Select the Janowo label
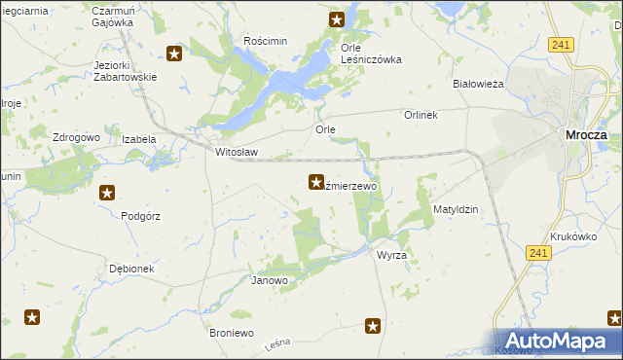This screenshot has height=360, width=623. click(x=270, y=281)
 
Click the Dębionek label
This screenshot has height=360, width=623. click(x=131, y=269)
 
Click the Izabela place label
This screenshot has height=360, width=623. click(x=138, y=139)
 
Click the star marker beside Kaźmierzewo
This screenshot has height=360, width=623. click(x=316, y=181)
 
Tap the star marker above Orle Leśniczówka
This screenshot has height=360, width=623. click(x=337, y=18)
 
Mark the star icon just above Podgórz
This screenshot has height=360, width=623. click(x=107, y=193)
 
